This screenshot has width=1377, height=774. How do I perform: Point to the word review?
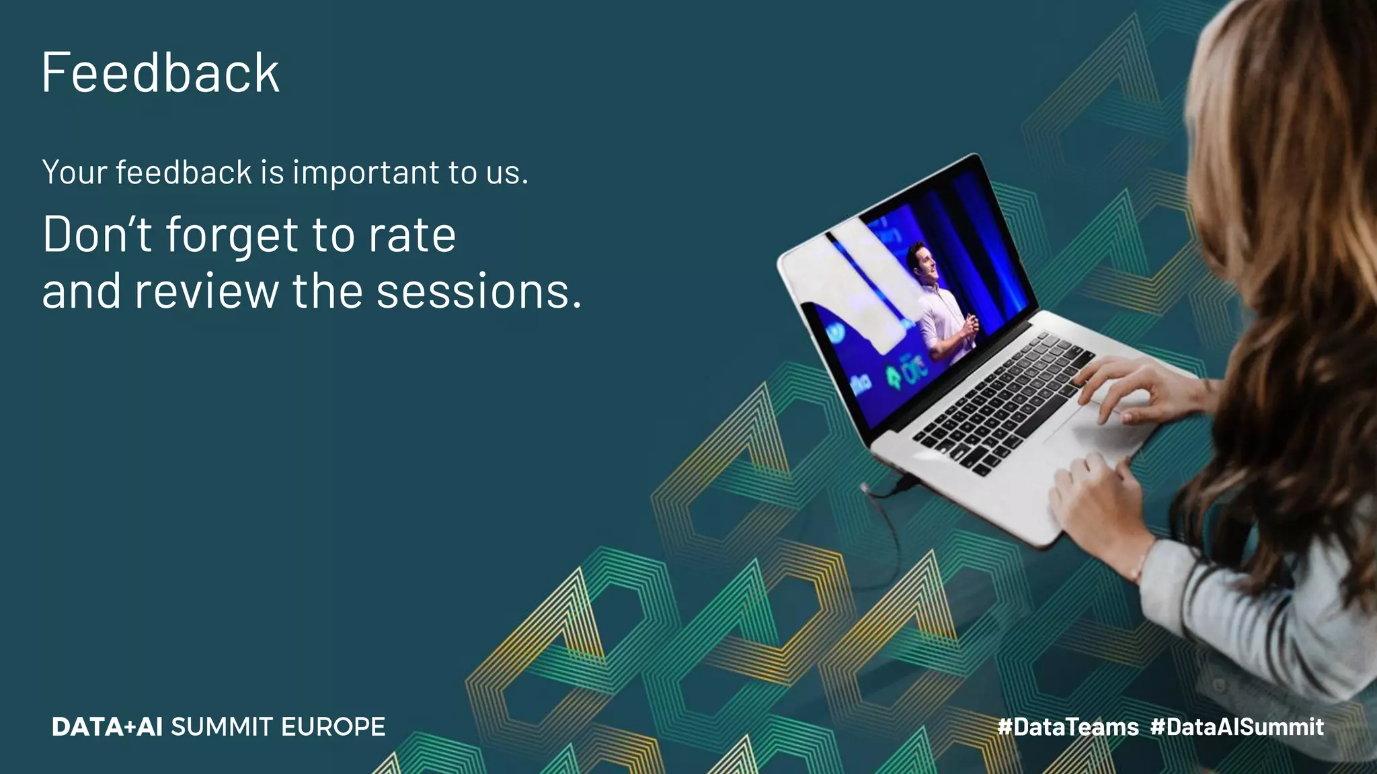(206, 292)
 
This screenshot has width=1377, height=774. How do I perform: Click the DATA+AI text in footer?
(107, 727)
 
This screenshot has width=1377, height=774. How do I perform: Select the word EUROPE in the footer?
(333, 727)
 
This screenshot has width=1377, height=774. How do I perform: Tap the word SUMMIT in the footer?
(222, 727)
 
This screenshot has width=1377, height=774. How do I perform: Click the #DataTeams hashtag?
(1068, 727)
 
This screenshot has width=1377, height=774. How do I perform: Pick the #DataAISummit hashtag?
(1237, 727)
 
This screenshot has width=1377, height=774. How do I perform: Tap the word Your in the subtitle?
(74, 173)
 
